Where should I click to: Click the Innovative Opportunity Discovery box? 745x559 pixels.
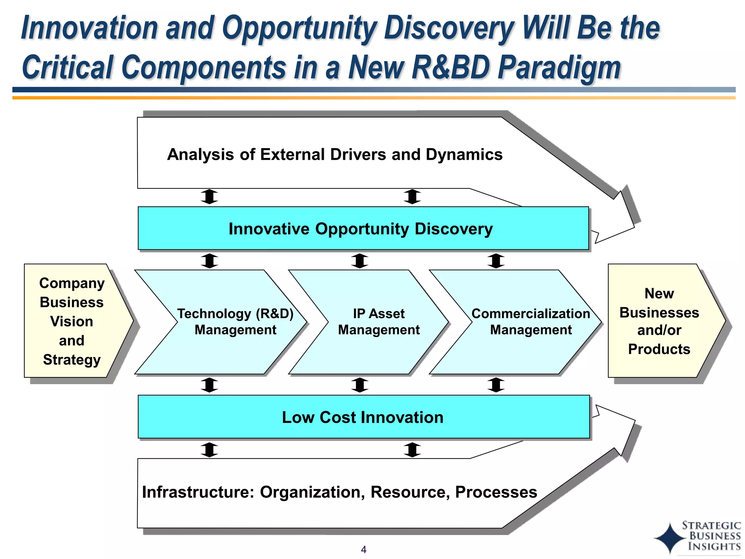point(363,229)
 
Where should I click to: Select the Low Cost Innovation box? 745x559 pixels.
point(363,417)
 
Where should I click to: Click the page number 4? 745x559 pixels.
point(363,550)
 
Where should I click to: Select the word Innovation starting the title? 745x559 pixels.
point(89,28)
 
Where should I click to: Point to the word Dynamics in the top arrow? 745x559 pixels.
point(464,154)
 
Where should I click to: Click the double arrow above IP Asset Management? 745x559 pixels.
point(360,261)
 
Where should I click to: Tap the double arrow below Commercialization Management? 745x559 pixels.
point(496,385)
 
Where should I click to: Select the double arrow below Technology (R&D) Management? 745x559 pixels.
point(210,385)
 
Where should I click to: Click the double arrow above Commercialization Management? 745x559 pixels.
point(496,261)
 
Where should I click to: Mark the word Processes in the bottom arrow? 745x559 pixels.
point(496,492)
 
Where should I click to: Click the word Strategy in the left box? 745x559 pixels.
point(72,360)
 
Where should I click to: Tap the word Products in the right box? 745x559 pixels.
point(659,349)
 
